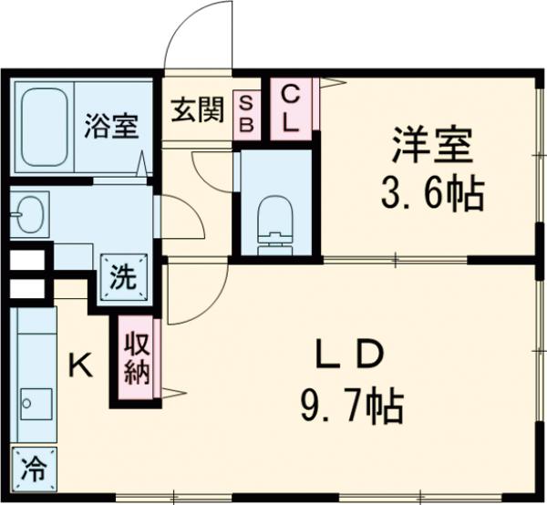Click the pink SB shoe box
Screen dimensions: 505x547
point(246,114)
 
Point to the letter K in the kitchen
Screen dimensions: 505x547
point(80,366)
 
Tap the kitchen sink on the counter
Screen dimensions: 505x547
point(36,401)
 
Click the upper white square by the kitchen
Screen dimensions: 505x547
point(26,259)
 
